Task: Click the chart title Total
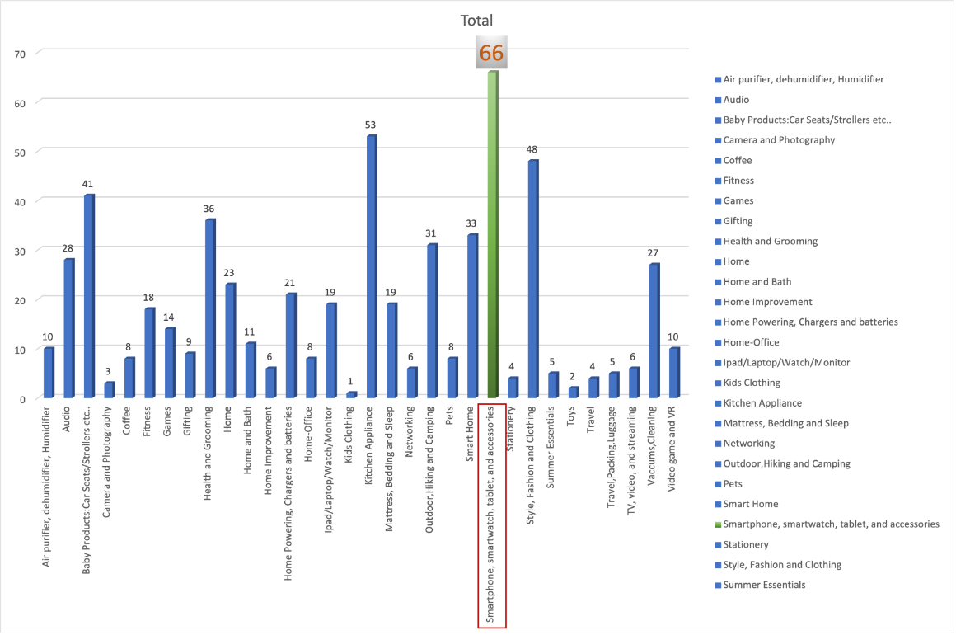pos(478,21)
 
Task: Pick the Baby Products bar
pos(89,297)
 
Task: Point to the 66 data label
pos(491,54)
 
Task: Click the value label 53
pos(371,125)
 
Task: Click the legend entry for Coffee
pos(738,160)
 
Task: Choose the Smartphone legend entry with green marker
pos(831,524)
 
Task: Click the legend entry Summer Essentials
pos(764,585)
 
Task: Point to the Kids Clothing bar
pos(352,395)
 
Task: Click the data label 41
pos(88,184)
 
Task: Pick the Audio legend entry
pos(736,99)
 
